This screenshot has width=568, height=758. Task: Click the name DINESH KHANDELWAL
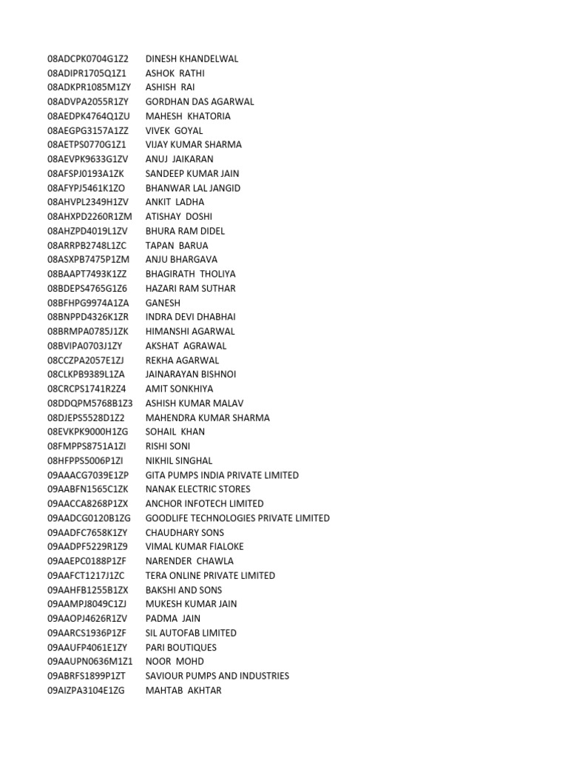pos(192,59)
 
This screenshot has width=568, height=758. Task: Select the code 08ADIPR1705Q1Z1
pos(87,73)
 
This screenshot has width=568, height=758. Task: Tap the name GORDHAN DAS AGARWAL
pos(200,102)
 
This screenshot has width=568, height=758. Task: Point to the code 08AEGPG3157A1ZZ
pos(88,131)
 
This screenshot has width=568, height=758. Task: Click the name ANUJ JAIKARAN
pos(180,159)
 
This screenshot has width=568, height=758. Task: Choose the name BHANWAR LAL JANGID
pos(193,188)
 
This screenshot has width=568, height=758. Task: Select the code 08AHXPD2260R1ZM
pos(89,217)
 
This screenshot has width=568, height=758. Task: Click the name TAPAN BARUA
pos(177,245)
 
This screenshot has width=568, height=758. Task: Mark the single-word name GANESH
pos(163,303)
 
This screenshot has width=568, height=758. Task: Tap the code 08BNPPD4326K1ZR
pos(89,317)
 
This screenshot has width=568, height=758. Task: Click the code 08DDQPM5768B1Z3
pos(90,403)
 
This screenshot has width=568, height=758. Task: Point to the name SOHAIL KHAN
pos(175,432)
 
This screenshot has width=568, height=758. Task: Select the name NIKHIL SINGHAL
pos(179,460)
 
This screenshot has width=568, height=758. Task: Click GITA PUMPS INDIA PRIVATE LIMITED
pos(222,475)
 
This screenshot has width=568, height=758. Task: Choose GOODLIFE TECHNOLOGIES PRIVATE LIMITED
pos(237,518)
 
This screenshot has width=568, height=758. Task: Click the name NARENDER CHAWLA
pos(189,561)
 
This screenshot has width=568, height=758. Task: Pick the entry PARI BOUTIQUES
pos(181,648)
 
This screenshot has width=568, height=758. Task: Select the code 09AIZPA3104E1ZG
pos(87,691)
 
